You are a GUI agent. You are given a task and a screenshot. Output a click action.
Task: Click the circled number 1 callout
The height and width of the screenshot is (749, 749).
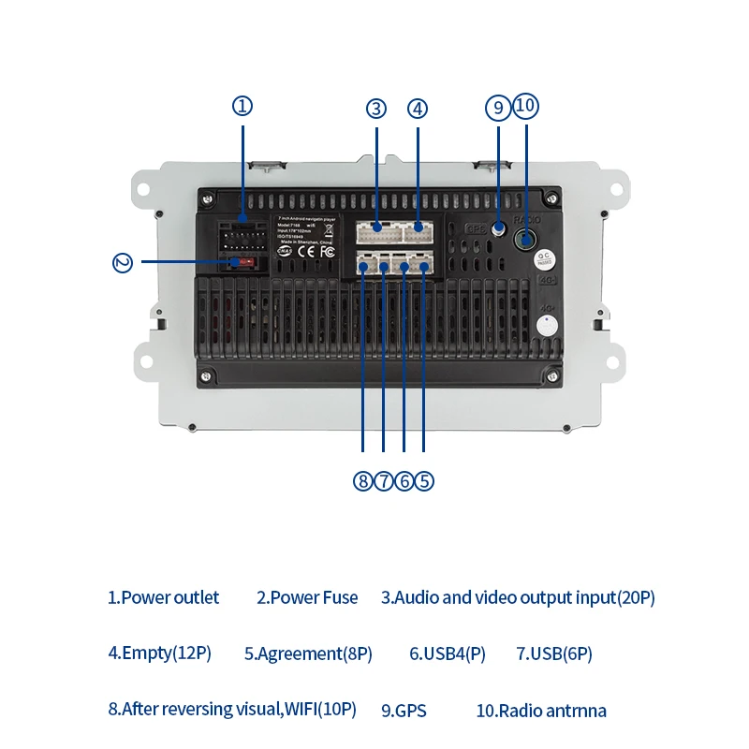click(x=242, y=106)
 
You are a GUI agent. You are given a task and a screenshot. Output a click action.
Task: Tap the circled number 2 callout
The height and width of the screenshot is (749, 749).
click(x=123, y=262)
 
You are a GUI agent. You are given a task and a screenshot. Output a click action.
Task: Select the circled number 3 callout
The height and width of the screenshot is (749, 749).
click(x=376, y=108)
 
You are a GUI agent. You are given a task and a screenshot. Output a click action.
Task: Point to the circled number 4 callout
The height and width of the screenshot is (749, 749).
click(x=418, y=108)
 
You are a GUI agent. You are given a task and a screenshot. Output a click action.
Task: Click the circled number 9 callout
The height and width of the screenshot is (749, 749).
click(x=498, y=107)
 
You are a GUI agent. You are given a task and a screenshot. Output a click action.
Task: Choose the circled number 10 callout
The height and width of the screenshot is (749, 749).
click(x=525, y=105)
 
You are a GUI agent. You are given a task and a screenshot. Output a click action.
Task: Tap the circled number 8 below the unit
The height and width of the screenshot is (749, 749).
click(x=362, y=481)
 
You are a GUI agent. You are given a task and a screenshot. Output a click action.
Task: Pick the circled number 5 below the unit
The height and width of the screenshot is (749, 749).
click(x=424, y=481)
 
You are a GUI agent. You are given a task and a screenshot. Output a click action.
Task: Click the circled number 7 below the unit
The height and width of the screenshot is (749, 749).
click(x=383, y=481)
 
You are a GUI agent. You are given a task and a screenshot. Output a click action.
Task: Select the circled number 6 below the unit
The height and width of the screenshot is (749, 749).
click(x=404, y=481)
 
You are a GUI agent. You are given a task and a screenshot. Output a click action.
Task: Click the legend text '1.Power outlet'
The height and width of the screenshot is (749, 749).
click(x=163, y=597)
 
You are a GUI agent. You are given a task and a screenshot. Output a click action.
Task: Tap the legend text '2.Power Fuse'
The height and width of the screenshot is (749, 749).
click(x=307, y=597)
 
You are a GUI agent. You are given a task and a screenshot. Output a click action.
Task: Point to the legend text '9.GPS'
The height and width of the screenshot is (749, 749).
click(x=404, y=711)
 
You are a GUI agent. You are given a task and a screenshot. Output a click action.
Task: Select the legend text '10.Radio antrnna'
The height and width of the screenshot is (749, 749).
click(x=541, y=711)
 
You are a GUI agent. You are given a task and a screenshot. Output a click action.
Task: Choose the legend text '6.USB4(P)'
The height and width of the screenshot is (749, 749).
click(x=448, y=654)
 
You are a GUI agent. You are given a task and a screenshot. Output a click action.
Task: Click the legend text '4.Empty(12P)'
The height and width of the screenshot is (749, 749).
click(x=159, y=654)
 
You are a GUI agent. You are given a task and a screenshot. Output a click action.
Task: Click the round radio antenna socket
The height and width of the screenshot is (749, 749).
click(x=526, y=240)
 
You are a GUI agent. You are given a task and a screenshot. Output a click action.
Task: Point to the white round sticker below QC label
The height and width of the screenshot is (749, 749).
click(x=544, y=326)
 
